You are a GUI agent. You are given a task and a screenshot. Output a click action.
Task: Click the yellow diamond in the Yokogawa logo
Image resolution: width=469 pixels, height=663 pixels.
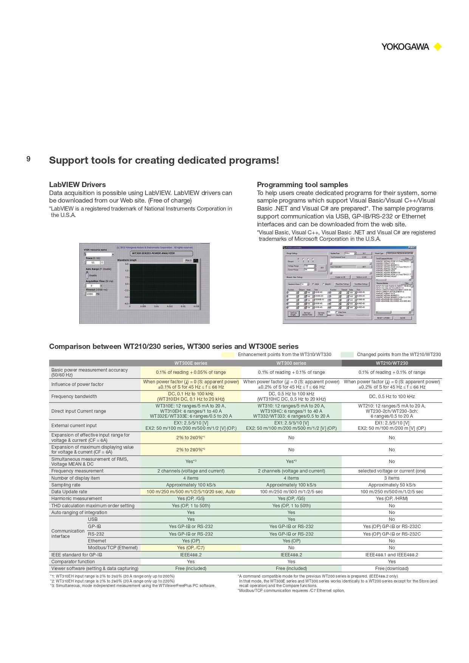point(438,47)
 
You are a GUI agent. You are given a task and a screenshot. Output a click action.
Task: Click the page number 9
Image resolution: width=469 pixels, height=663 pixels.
point(28,159)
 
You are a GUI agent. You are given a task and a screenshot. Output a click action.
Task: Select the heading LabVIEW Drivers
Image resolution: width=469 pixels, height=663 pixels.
point(77,184)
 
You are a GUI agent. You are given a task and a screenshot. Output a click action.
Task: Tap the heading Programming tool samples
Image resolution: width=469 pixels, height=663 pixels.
point(302,184)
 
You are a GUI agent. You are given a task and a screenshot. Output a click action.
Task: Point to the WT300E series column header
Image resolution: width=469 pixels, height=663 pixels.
point(190,363)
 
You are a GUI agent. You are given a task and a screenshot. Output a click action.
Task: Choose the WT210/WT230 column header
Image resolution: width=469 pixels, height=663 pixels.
point(392,363)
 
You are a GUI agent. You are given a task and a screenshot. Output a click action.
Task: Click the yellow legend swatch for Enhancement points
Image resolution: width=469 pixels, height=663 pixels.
point(228,355)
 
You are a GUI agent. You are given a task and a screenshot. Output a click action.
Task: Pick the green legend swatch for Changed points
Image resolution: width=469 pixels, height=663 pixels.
point(347,355)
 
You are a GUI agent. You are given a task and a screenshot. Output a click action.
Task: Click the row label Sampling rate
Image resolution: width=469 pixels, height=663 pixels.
point(66,485)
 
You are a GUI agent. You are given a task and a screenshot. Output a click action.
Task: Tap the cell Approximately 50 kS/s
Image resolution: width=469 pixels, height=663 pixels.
point(392,485)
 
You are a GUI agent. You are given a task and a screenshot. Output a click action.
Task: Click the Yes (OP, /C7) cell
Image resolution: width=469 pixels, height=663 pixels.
point(190,548)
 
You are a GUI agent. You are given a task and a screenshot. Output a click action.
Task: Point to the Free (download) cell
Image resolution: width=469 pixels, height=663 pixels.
point(392,569)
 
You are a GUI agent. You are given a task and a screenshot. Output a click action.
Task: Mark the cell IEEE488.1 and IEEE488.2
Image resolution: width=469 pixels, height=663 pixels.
point(392,555)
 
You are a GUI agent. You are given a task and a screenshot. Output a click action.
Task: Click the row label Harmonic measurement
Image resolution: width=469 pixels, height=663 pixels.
point(77,499)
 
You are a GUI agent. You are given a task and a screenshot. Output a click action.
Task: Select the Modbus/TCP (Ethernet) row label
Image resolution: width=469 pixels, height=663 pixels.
point(113,548)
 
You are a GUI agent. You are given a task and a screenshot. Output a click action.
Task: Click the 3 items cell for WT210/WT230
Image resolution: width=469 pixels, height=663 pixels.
point(392,478)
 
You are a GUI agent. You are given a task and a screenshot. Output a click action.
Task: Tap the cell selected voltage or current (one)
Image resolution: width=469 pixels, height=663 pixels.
point(392,471)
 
